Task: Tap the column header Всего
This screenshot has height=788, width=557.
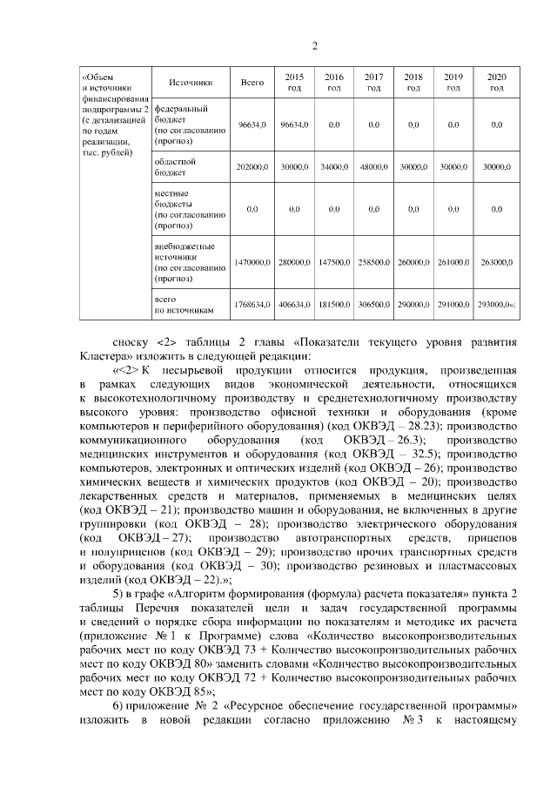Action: [x=252, y=83]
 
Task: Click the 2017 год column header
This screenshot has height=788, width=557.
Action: [x=374, y=83]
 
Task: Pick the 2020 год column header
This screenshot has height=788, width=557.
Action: [x=496, y=83]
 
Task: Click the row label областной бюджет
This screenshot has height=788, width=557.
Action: [x=174, y=167]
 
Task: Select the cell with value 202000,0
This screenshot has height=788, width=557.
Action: [x=252, y=167]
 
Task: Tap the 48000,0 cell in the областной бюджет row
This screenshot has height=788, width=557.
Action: [x=374, y=167]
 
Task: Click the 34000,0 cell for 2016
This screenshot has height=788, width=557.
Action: [x=333, y=167]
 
